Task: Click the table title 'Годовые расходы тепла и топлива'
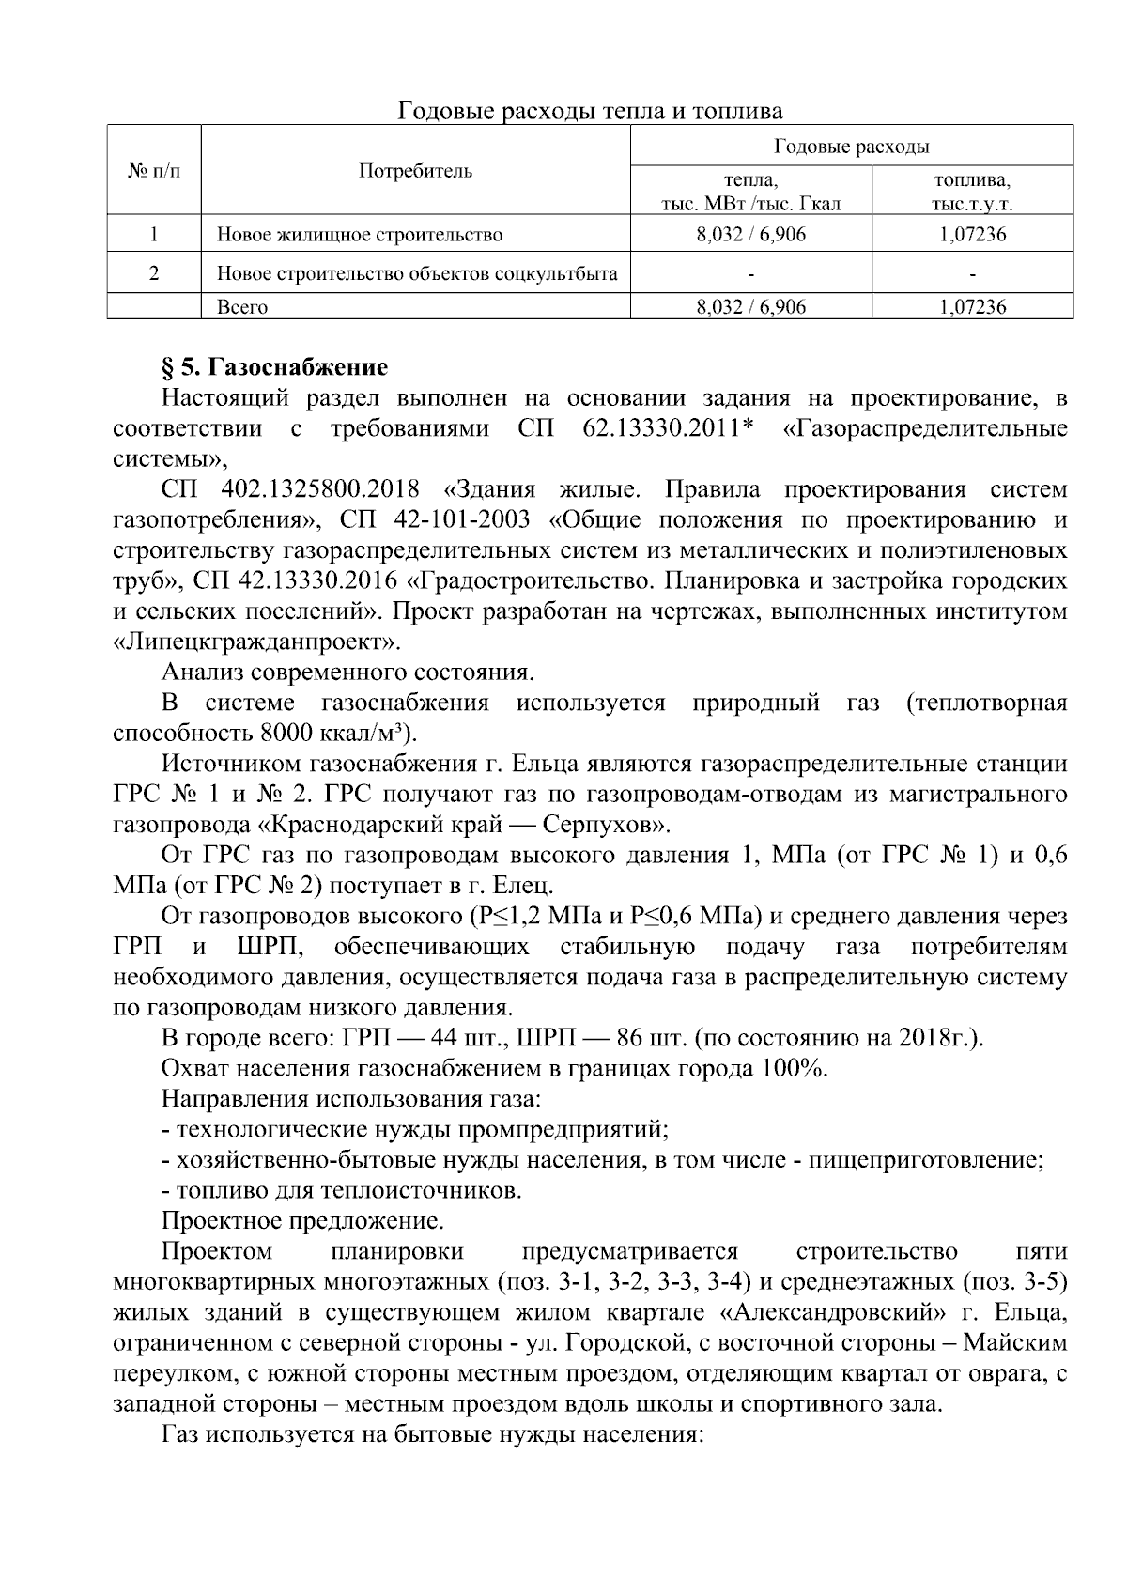click(591, 111)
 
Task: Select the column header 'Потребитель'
click(416, 171)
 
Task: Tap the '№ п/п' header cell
click(154, 171)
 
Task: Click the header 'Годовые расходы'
click(851, 146)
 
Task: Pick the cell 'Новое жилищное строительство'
click(360, 235)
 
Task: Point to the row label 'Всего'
click(242, 307)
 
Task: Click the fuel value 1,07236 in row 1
click(972, 235)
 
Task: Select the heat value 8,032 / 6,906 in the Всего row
click(750, 307)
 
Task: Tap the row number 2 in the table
click(154, 273)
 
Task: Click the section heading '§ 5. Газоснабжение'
click(274, 366)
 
